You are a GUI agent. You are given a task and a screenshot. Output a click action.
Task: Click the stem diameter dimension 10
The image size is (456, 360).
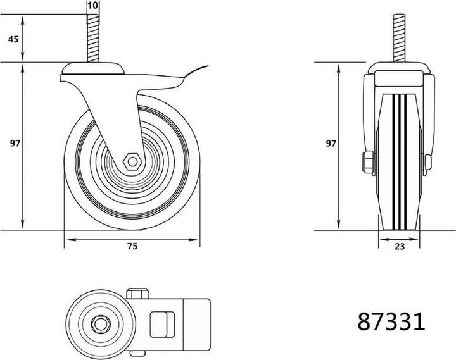93,5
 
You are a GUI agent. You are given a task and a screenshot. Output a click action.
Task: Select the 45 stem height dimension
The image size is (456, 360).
13,39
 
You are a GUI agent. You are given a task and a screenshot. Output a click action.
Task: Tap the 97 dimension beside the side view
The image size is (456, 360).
13,144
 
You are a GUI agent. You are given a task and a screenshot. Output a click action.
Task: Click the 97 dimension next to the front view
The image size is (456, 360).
330,144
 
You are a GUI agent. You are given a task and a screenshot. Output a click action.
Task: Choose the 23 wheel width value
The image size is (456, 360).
399,248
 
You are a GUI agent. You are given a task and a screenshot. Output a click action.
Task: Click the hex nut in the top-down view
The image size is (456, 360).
101,324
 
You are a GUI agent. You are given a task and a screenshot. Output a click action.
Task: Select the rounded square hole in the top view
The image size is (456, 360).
160,324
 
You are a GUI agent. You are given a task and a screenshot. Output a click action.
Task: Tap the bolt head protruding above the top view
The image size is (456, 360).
137,294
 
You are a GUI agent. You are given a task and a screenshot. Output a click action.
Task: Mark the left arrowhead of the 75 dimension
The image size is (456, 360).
67,239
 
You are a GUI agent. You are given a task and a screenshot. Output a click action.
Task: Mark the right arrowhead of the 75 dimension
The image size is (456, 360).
196,239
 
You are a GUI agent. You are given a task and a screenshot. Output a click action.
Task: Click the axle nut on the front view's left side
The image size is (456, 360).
367,162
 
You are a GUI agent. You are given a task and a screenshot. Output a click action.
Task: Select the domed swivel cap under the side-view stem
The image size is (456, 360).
94,68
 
